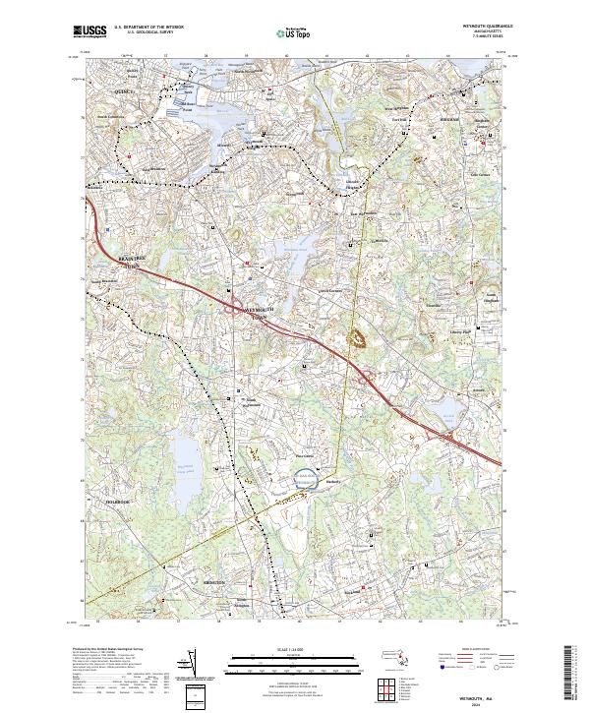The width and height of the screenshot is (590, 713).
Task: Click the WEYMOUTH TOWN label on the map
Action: click(x=258, y=312)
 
